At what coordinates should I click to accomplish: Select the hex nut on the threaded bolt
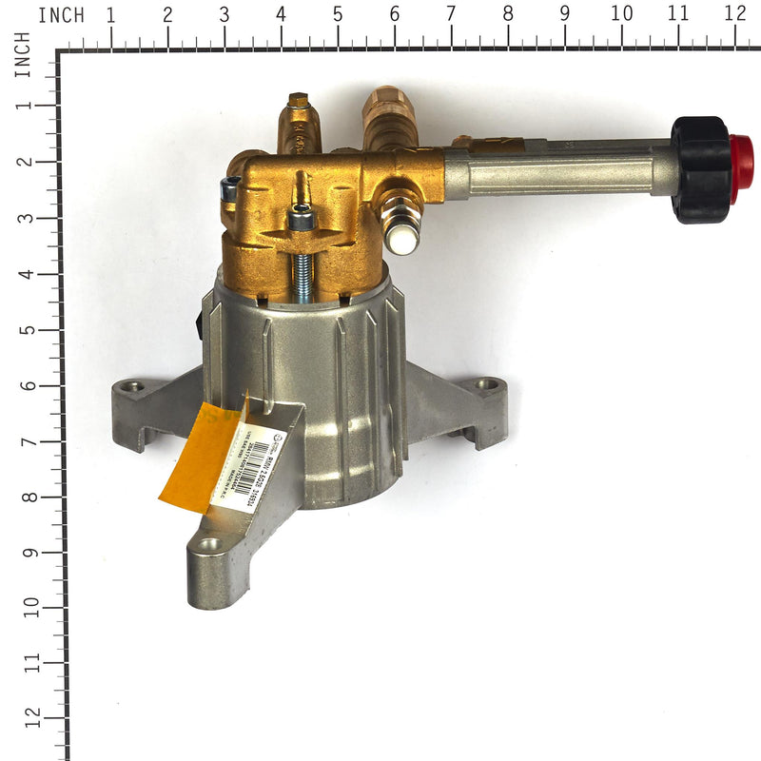[x=302, y=221]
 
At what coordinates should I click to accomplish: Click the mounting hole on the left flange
[x=131, y=387]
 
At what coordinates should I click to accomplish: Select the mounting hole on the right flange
[x=488, y=384]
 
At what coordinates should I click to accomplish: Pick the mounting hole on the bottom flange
[x=208, y=546]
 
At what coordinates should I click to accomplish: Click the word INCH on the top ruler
[x=61, y=15]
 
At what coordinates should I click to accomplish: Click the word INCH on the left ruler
[x=21, y=54]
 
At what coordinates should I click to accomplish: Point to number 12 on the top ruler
[x=734, y=14]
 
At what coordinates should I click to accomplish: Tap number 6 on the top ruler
[x=394, y=14]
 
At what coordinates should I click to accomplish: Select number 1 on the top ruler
[x=111, y=14]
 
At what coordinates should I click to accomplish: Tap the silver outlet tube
[x=561, y=166]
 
